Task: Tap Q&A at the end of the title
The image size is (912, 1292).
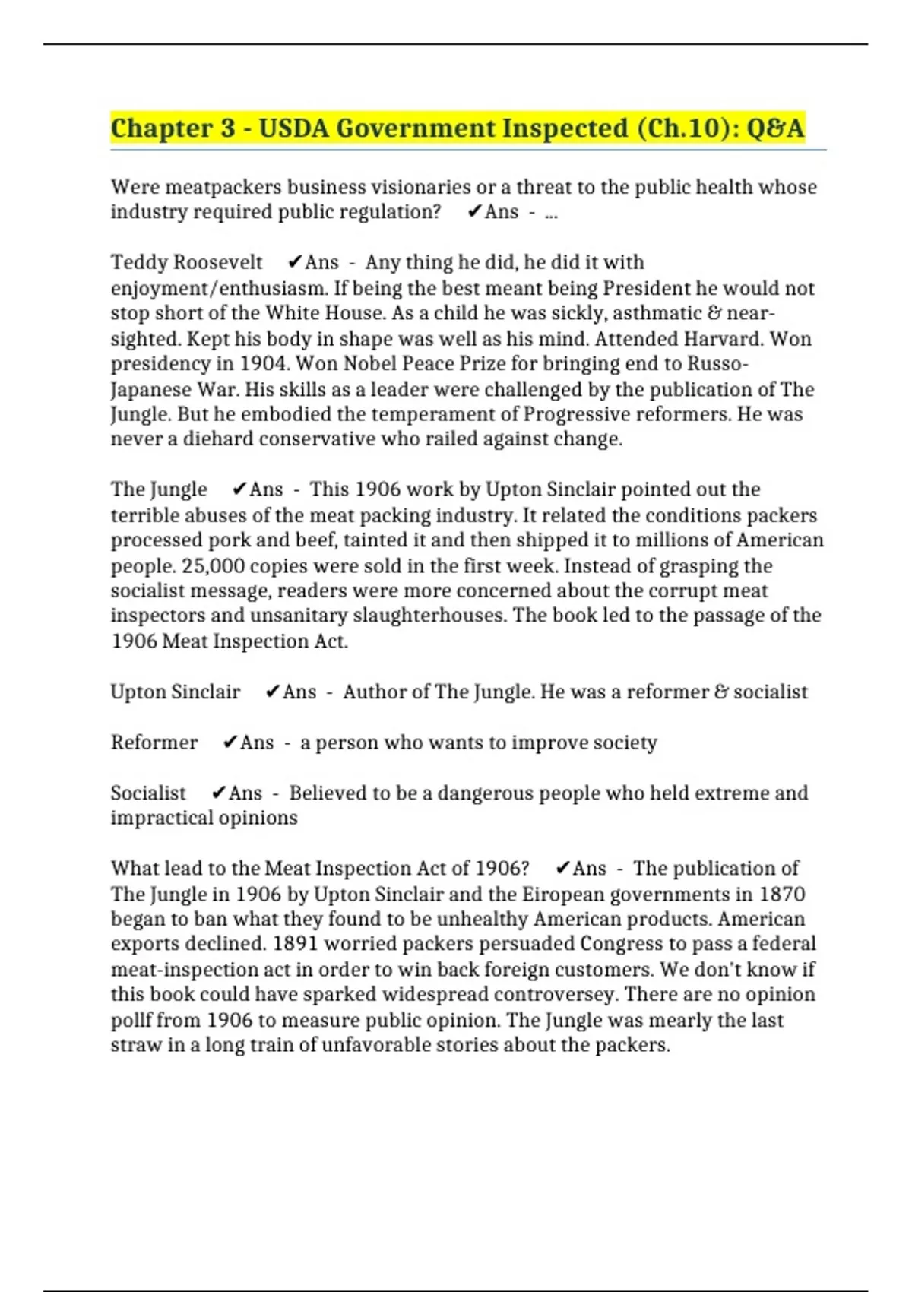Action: click(x=775, y=128)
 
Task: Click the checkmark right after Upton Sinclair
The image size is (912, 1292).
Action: click(x=272, y=692)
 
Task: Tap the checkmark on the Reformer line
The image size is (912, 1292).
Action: click(x=230, y=743)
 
